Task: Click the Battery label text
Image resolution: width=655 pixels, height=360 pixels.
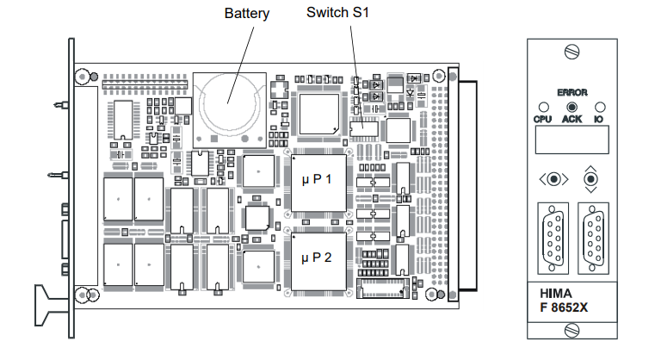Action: (x=247, y=14)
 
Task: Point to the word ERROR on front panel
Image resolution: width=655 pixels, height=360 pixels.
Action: (x=571, y=91)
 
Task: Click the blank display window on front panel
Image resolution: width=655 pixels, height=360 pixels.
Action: (x=571, y=138)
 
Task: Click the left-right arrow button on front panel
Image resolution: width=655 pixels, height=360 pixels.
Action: (x=553, y=179)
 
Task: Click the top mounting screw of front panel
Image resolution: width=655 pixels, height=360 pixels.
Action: (x=572, y=53)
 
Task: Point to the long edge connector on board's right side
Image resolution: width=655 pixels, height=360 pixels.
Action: (x=467, y=185)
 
